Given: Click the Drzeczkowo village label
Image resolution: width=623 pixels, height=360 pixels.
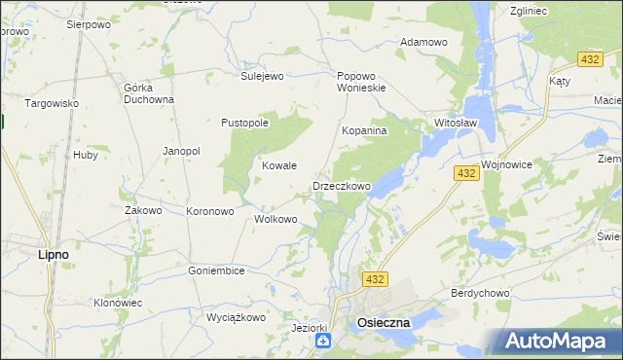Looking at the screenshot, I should [x=342, y=186].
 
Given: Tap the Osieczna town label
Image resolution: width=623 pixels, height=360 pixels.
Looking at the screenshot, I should [x=384, y=322].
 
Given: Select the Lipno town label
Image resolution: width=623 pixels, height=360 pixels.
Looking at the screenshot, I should [x=53, y=254].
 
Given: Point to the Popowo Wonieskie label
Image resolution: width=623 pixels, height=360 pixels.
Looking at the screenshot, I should [x=362, y=82].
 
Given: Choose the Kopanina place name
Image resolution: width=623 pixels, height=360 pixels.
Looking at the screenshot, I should [x=365, y=130].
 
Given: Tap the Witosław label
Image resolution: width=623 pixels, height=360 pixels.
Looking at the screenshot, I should [x=455, y=124].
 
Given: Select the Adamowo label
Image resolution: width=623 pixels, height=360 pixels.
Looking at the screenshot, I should [x=423, y=43].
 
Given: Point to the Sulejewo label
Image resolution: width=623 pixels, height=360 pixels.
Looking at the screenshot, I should [x=261, y=75].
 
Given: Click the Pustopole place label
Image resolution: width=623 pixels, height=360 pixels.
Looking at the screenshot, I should [x=244, y=124].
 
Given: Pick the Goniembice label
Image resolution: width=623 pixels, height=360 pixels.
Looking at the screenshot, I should [x=216, y=270].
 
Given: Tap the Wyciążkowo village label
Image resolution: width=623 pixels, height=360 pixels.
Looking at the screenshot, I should [x=236, y=317].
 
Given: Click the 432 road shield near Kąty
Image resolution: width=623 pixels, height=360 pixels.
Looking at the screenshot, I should [x=589, y=60].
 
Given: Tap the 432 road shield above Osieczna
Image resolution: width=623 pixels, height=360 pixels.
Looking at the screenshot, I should [x=377, y=279].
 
